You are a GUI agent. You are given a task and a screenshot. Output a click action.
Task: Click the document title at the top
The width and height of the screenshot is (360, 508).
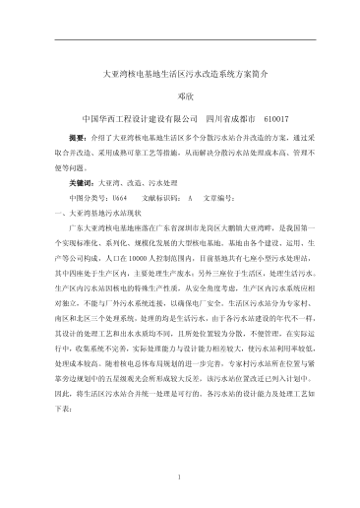[179, 74]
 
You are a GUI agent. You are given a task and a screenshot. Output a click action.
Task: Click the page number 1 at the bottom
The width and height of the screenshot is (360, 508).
[180, 477]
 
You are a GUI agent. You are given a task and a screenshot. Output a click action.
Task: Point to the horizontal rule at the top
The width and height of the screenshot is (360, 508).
[180, 40]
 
